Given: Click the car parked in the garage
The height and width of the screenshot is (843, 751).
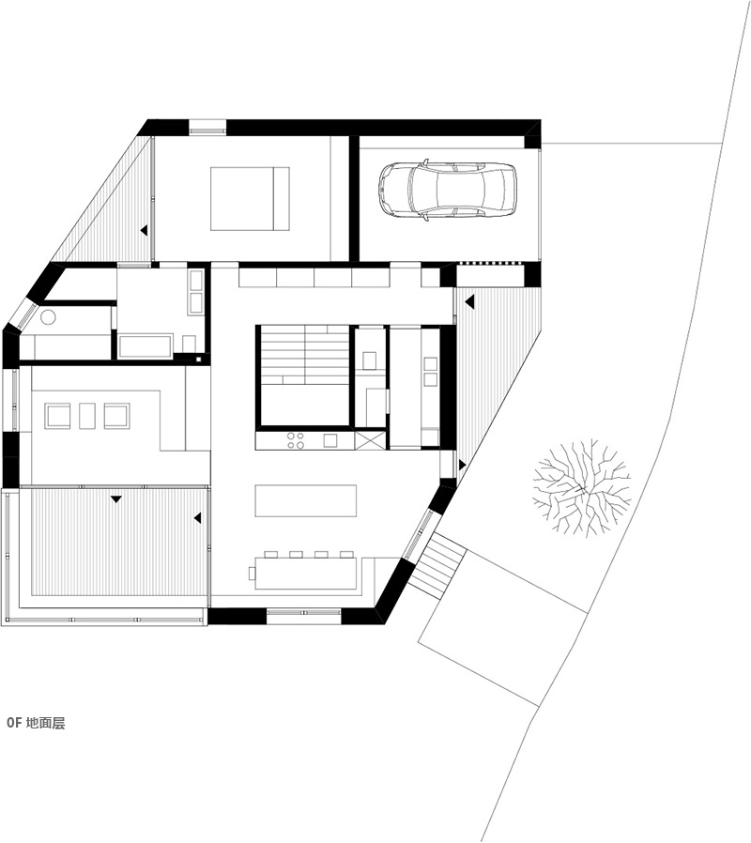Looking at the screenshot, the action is coord(447,189).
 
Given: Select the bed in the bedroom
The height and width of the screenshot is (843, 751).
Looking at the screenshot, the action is coord(250,199).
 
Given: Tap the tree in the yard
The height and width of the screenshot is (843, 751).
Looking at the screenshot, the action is coord(581,486).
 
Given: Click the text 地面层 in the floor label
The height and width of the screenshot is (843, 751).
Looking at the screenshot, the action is coord(45,723).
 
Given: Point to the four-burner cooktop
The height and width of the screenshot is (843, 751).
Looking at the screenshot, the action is coord(295,441).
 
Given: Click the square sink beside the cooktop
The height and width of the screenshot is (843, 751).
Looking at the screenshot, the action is coord(330,441).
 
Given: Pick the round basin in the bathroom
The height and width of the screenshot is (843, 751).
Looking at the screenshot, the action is coord(48,316).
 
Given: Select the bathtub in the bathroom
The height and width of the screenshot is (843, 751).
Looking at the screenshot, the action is coord(146,346).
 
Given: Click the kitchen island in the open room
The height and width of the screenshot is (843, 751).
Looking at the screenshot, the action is coord(306,500).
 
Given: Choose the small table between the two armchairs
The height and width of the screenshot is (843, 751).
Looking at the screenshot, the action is coord(87,416).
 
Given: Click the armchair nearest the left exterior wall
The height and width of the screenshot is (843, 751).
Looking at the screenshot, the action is coord(57,416).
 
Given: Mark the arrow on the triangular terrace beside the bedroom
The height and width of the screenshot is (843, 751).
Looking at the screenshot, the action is coord(144,230).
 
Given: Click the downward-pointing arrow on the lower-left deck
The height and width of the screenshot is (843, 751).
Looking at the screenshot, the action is coord(116,499).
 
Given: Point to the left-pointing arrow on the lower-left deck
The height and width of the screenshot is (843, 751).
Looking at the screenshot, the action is coord(197,518).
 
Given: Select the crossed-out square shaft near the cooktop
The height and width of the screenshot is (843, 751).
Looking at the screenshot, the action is coord(371,439).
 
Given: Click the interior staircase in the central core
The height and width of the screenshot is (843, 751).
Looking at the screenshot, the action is coord(305,356).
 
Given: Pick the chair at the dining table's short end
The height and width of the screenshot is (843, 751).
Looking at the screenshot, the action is coord(253,574).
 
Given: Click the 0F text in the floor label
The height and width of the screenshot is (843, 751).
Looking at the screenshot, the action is coord(14,723).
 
